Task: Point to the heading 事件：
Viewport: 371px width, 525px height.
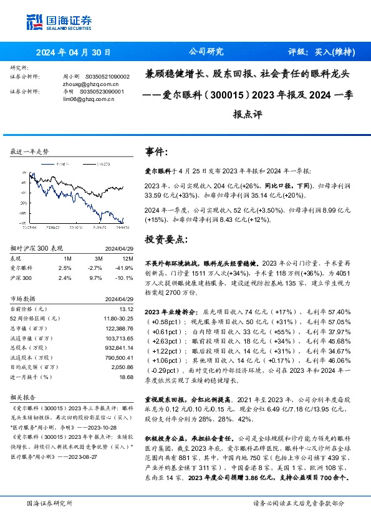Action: pyautogui.click(x=157, y=152)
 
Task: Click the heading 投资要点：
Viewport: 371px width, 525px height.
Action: pyautogui.click(x=165, y=239)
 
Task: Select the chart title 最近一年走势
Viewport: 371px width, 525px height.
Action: pyautogui.click(x=29, y=152)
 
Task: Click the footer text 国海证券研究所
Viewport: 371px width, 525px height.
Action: pyautogui.click(x=49, y=503)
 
